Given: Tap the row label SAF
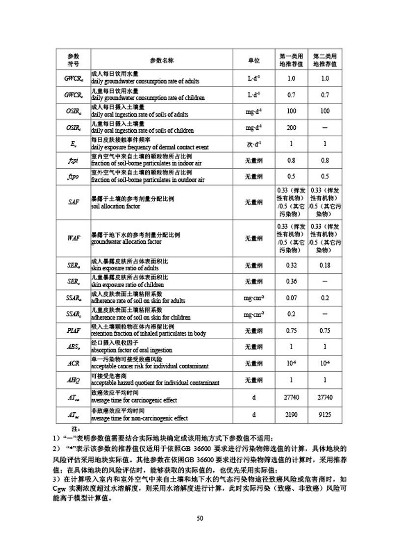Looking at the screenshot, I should [73, 203].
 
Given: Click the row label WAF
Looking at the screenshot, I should [73, 238].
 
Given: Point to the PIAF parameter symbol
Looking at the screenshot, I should [73, 330].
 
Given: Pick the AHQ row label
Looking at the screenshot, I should [73, 380].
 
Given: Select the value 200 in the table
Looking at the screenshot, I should [291, 127].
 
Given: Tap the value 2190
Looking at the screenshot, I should [291, 414].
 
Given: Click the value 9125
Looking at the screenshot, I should [325, 414].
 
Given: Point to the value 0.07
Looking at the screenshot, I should [291, 298].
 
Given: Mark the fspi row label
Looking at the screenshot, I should [73, 160].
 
